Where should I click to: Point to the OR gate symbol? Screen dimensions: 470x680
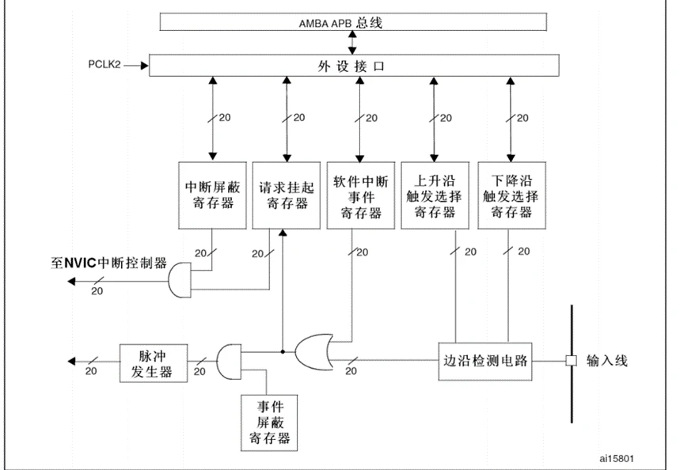pyautogui.click(x=314, y=351)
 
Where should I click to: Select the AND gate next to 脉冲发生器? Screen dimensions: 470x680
pyautogui.click(x=229, y=362)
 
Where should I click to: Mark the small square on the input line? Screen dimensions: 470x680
pyautogui.click(x=569, y=362)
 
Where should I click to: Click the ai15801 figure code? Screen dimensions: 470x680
pyautogui.click(x=616, y=458)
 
